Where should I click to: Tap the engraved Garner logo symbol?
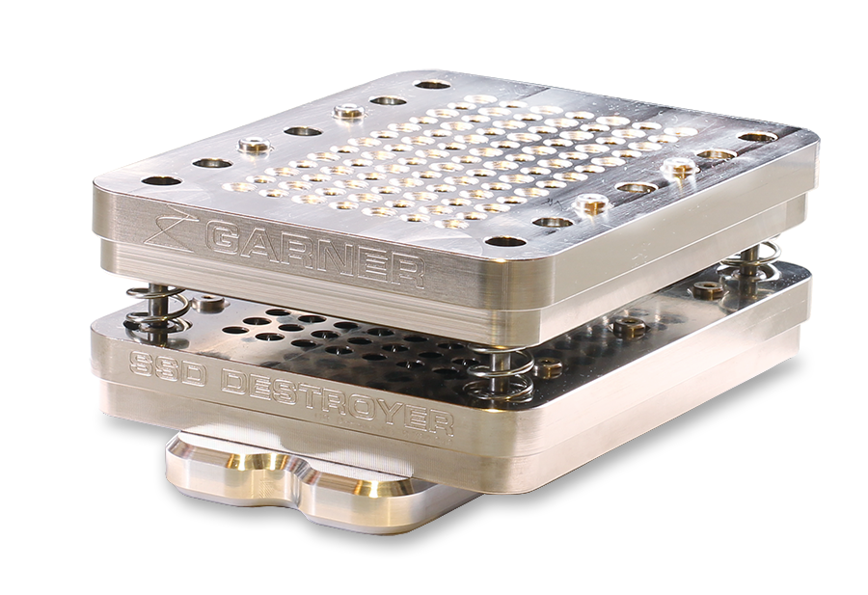(x=170, y=228)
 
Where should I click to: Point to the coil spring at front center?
(x=499, y=369)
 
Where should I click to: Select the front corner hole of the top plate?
(x=504, y=242)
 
